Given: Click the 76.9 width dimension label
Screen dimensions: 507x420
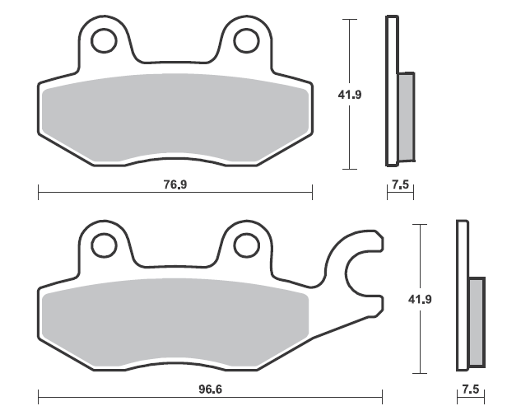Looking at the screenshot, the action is [x=175, y=184].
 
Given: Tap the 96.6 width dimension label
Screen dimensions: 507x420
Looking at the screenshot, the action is [x=210, y=390].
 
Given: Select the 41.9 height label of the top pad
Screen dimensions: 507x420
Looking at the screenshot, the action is [x=350, y=95].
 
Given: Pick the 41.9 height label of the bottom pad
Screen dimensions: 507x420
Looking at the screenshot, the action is [x=420, y=300].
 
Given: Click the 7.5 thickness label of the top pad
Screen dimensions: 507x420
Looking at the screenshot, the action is [x=400, y=184].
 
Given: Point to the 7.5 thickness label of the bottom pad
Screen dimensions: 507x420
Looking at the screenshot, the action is [x=471, y=390].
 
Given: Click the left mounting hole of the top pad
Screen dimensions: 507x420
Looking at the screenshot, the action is [x=104, y=41].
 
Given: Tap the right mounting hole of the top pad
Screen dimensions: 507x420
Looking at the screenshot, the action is [x=247, y=41].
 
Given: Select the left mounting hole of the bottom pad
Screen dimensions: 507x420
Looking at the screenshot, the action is [x=104, y=245].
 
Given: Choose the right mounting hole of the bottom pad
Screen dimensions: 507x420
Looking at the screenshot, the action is [x=247, y=245].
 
